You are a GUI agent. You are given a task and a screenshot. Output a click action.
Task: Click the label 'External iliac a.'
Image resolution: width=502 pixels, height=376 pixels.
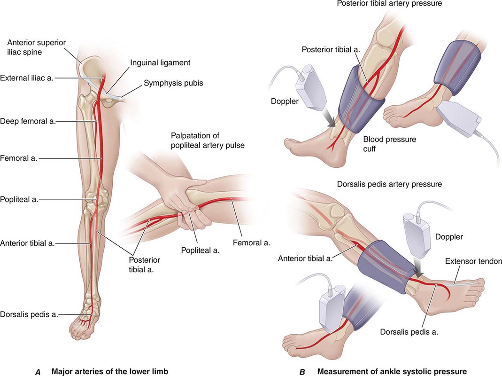27,78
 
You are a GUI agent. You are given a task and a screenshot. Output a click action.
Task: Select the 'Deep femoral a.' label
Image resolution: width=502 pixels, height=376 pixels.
28,121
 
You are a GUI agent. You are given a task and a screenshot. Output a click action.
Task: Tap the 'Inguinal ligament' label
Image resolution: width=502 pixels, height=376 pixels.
160,63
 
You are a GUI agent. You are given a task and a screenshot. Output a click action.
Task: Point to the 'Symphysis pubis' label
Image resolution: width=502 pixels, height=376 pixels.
173,83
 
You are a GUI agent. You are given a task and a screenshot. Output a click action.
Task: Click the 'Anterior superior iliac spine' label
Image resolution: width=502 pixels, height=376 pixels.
37,47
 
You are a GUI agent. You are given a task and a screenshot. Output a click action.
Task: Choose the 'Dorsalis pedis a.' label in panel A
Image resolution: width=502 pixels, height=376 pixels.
29,314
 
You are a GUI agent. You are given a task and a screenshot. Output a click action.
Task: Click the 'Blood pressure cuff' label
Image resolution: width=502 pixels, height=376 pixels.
390,144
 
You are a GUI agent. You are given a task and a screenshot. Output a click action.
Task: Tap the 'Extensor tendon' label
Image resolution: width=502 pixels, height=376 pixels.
473,261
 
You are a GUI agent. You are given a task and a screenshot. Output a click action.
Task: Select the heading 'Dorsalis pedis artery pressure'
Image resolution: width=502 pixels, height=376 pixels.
389,184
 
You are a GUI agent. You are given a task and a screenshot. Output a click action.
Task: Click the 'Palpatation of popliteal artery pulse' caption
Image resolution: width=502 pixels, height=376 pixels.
208,141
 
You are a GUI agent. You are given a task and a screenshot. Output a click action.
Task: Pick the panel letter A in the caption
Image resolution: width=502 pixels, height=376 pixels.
38,372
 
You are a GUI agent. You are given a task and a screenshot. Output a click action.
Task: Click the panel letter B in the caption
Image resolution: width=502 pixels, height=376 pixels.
302,372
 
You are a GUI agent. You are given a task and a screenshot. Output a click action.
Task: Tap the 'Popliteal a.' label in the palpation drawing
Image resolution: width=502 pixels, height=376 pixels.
200,251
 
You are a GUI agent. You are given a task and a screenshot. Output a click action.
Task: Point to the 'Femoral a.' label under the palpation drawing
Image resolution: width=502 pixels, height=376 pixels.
251,243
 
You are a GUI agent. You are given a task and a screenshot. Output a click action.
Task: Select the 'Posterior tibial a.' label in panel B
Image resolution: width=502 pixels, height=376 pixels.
331,49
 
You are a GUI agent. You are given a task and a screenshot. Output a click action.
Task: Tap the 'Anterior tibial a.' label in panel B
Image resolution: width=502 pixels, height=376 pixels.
305,258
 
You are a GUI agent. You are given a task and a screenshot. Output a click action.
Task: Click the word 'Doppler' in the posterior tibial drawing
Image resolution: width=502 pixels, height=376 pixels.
285,102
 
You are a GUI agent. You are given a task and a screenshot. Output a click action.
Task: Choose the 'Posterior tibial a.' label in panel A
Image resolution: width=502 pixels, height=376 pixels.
144,265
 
